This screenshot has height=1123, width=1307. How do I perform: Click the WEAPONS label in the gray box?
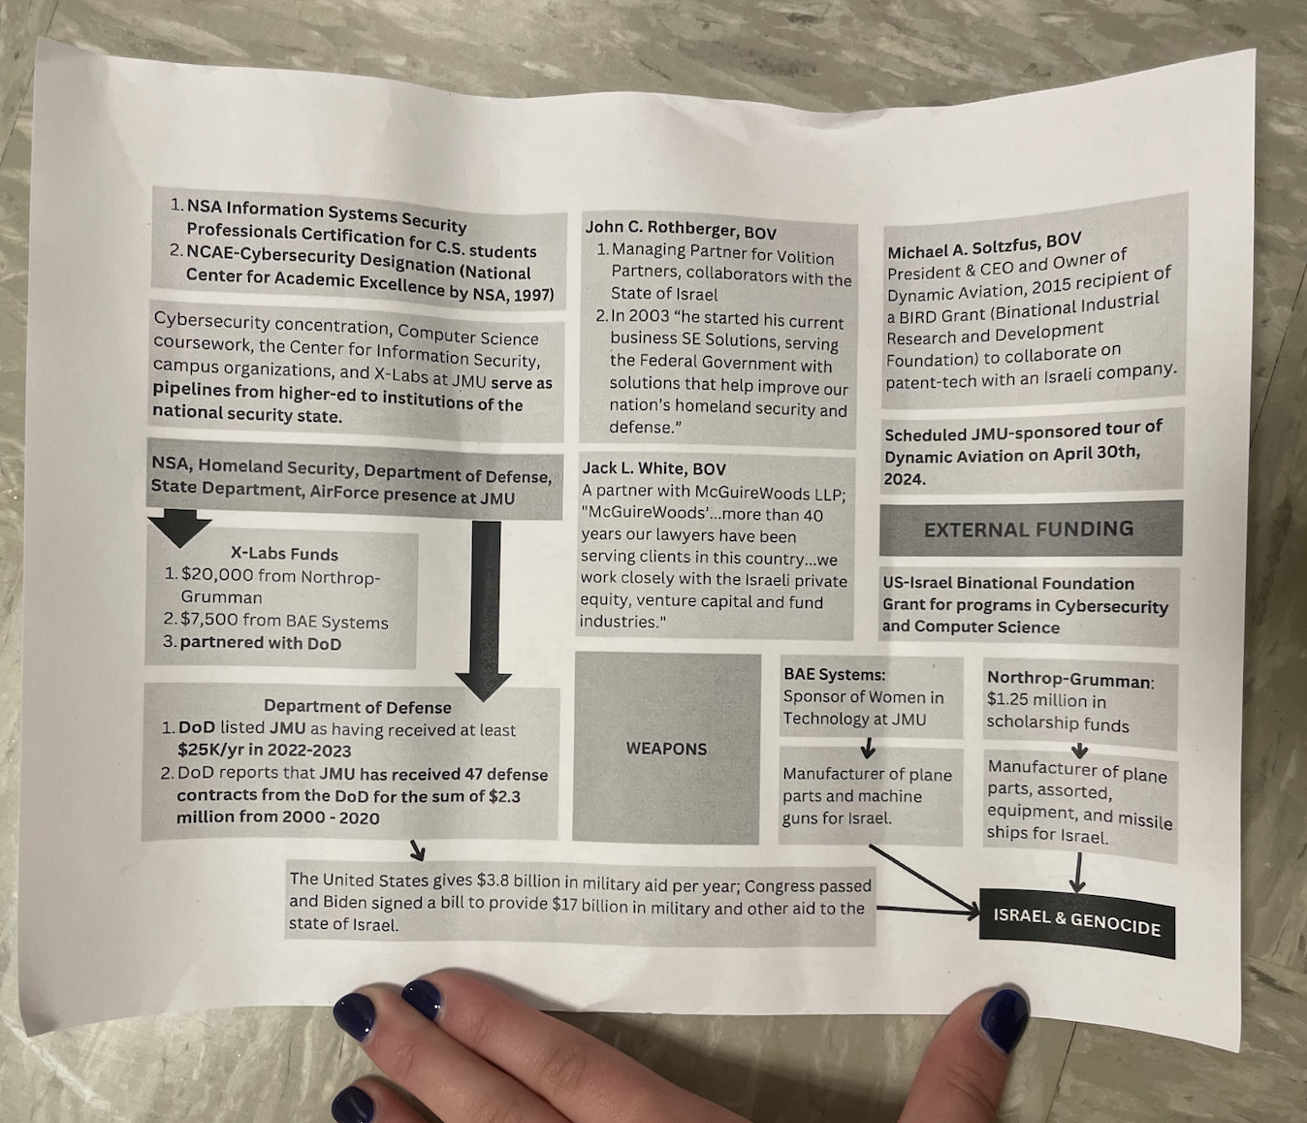click(666, 749)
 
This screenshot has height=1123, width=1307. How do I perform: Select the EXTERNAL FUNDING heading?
click(1028, 529)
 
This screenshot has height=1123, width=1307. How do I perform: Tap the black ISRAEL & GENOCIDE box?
click(1076, 921)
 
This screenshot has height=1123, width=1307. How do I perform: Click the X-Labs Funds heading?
click(284, 554)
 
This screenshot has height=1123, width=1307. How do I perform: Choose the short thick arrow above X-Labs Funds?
click(179, 528)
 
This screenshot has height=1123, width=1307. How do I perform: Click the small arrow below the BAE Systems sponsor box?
click(868, 748)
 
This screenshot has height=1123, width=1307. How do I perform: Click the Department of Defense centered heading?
click(357, 707)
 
